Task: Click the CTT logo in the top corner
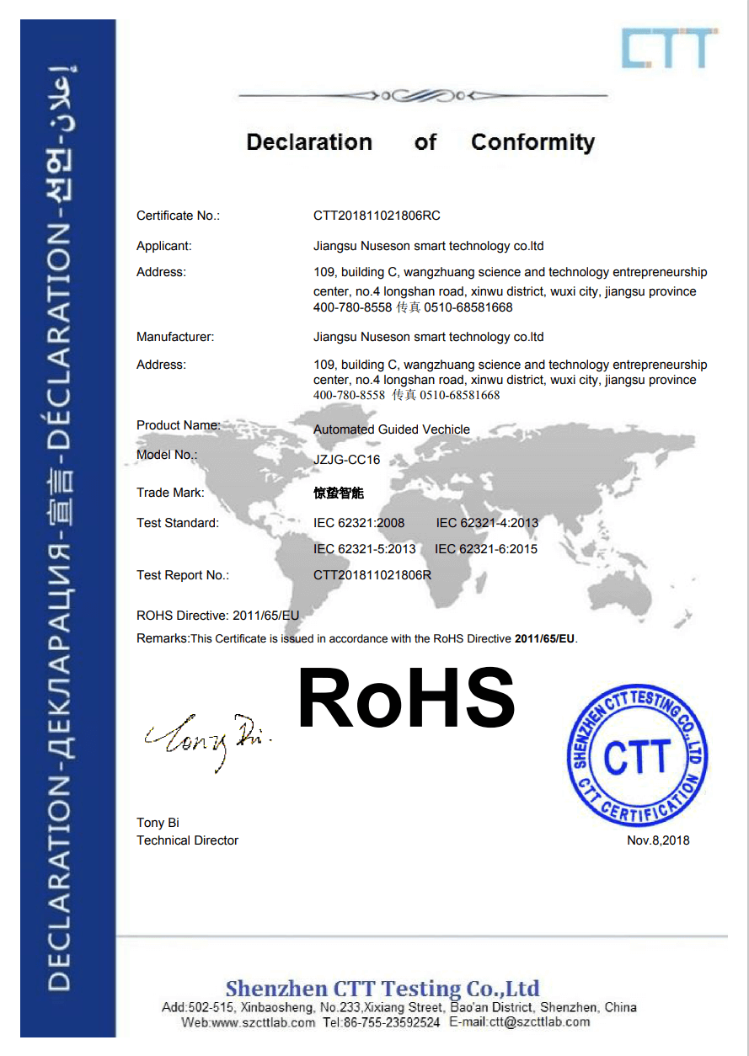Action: [x=670, y=49]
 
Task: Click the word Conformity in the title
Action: [x=532, y=142]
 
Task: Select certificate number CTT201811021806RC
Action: [x=377, y=216]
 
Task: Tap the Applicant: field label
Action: [x=164, y=246]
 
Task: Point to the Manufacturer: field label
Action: [x=175, y=337]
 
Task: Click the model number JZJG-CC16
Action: [x=347, y=460]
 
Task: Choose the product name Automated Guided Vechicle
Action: [x=392, y=429]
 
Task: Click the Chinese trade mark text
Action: [x=339, y=493]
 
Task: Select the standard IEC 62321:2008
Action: [x=359, y=523]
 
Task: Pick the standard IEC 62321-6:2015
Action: [x=486, y=549]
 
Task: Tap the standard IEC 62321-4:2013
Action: [x=487, y=523]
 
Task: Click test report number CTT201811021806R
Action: [x=372, y=575]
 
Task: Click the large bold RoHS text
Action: [x=407, y=698]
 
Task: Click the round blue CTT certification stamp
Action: [x=638, y=755]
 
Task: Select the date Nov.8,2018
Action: [x=658, y=840]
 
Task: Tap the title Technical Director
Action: [x=187, y=840]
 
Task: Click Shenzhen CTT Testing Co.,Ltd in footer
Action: [x=383, y=988]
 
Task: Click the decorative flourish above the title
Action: [x=423, y=96]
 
